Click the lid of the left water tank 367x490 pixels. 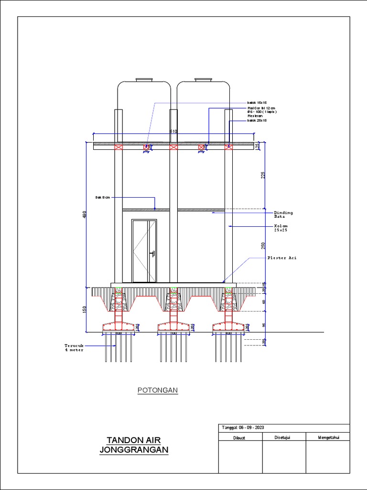[144, 79]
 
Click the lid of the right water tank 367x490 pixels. [203, 79]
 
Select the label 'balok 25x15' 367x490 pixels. [257, 121]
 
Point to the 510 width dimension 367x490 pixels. [173, 131]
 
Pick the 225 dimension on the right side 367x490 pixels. [263, 175]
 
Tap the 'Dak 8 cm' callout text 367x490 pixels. [102, 197]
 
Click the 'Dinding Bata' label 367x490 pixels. [283, 214]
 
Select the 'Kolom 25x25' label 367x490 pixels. [281, 228]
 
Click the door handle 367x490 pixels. [151, 254]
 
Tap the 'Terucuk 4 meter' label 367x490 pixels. [74, 347]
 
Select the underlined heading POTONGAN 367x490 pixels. [158, 390]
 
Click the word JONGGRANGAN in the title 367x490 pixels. [134, 450]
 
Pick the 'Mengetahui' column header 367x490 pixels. [328, 437]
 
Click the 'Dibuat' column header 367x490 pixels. [239, 437]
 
